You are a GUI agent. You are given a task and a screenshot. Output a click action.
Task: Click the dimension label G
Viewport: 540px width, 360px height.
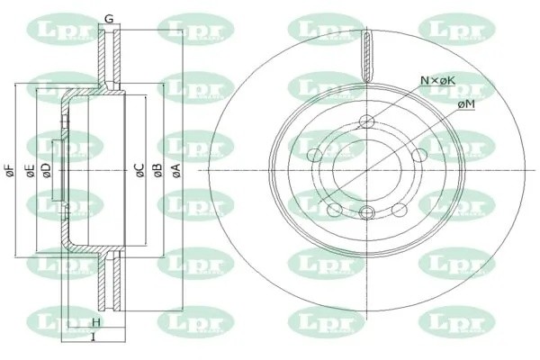tap(108, 19)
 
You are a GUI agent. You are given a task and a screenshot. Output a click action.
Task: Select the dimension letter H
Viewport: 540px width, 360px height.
tap(95, 322)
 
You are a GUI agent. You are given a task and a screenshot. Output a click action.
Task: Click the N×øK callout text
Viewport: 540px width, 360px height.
tap(438, 81)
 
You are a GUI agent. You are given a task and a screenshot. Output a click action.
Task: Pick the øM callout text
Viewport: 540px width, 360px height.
tap(466, 105)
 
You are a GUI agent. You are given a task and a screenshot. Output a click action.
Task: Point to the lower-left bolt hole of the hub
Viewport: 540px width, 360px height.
tap(336, 209)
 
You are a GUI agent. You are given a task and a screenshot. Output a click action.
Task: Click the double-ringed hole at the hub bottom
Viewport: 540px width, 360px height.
tap(366, 212)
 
